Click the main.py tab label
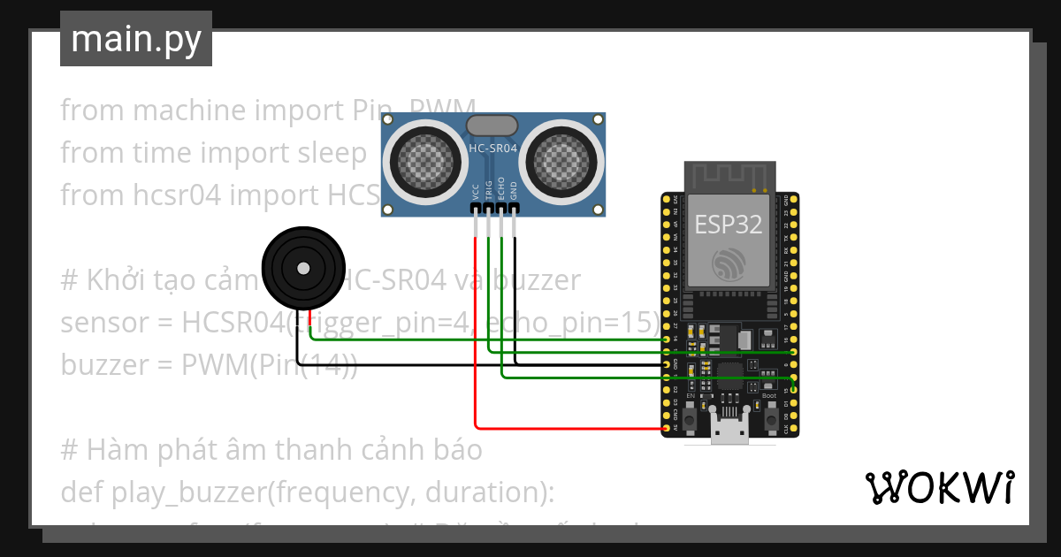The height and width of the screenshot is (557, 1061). (136, 39)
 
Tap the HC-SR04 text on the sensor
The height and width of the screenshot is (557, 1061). (493, 148)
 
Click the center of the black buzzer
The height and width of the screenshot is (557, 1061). (303, 268)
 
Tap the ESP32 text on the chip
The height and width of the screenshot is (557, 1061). (728, 224)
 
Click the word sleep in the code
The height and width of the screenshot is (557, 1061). (337, 153)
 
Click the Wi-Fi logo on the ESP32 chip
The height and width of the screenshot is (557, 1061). (729, 263)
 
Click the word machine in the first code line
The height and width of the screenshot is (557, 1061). (188, 111)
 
